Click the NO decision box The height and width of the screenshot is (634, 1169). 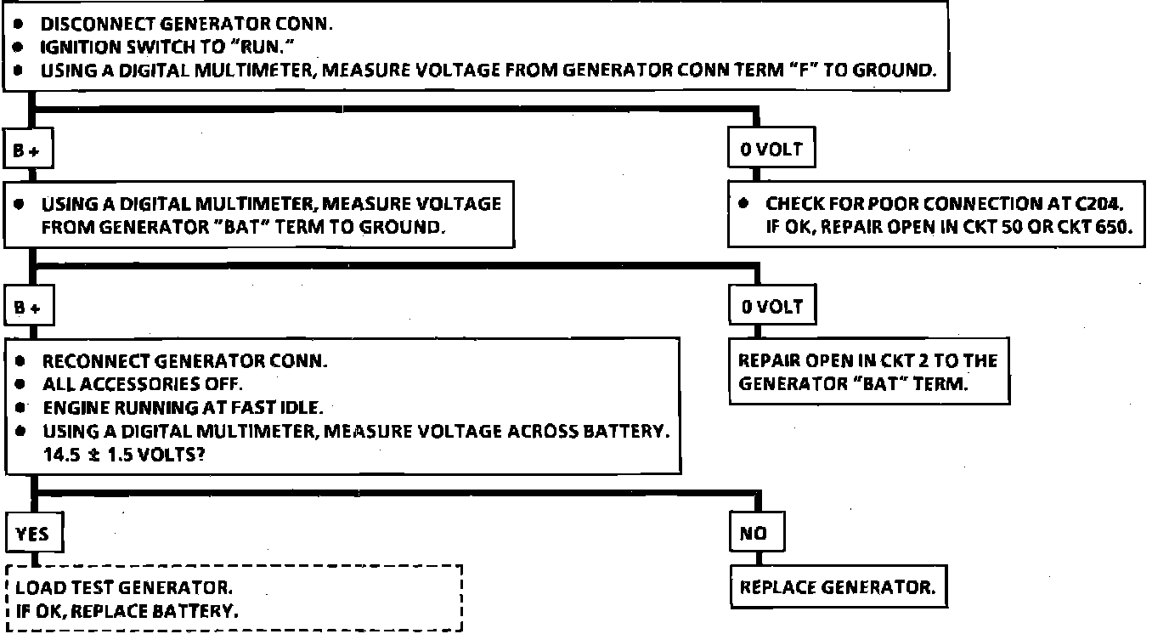click(754, 534)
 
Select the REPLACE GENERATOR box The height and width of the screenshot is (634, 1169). click(838, 587)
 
